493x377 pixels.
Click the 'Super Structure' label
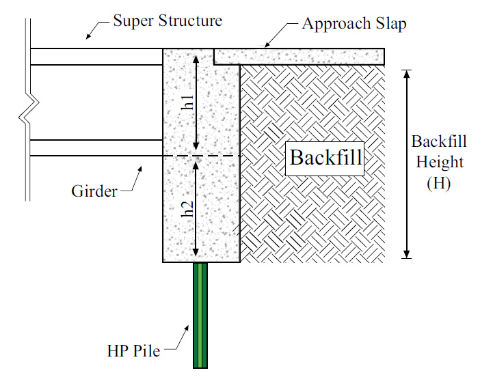(x=168, y=20)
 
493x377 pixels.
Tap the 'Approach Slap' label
(x=354, y=24)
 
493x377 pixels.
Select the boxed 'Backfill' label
(x=325, y=157)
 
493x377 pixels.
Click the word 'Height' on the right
(x=438, y=163)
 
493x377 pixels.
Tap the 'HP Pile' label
(x=133, y=352)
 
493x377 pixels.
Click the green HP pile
(x=200, y=314)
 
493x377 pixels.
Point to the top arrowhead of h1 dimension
(x=197, y=55)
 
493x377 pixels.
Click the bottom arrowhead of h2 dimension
(x=197, y=253)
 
